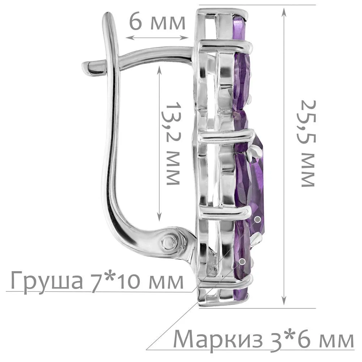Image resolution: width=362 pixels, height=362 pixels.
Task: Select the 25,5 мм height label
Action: click(x=308, y=143)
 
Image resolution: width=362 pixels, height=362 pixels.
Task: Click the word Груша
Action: click(x=47, y=281)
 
